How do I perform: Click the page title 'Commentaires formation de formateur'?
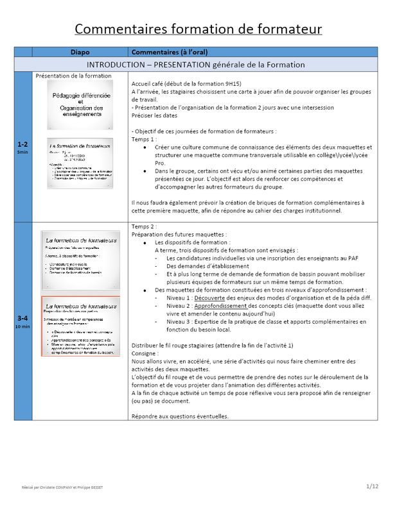198,29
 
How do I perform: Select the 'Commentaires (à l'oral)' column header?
169,52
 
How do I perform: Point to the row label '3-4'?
22,318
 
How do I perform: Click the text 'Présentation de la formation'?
73,76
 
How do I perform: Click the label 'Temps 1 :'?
143,139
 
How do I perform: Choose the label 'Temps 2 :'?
143,227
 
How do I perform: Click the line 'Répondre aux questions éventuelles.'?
179,416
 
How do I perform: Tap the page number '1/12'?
373,486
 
